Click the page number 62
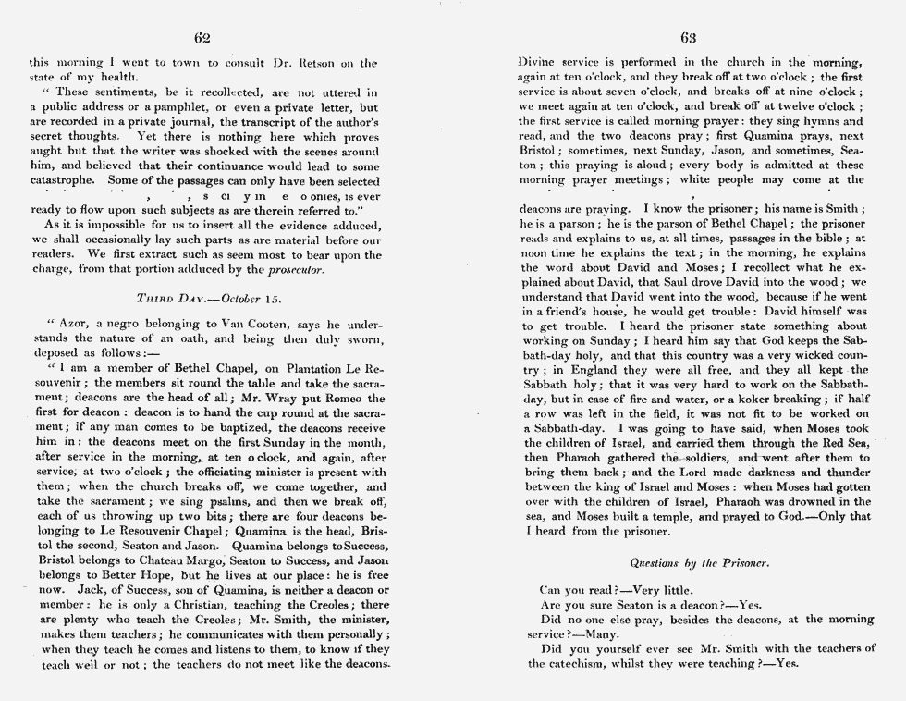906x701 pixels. (x=203, y=38)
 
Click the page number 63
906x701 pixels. (x=688, y=38)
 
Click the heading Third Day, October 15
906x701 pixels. (x=208, y=299)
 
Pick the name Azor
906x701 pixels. (x=74, y=326)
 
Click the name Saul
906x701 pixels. (x=734, y=283)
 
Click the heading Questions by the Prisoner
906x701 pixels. (x=689, y=561)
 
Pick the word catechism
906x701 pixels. (x=584, y=663)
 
